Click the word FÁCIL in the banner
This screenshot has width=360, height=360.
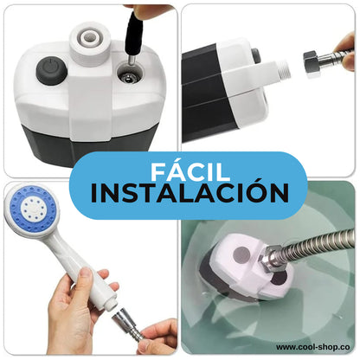pos(190,172)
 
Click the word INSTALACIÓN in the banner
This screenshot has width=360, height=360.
pos(190,193)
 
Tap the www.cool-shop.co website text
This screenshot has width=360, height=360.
pos(313,347)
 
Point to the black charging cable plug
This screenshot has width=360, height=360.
pos(133,35)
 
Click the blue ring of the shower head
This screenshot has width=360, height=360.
pos(33,208)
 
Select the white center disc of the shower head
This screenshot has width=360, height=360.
pos(33,208)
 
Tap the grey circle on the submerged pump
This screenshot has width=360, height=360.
pos(241,254)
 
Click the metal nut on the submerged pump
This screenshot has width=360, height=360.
pos(271,258)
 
